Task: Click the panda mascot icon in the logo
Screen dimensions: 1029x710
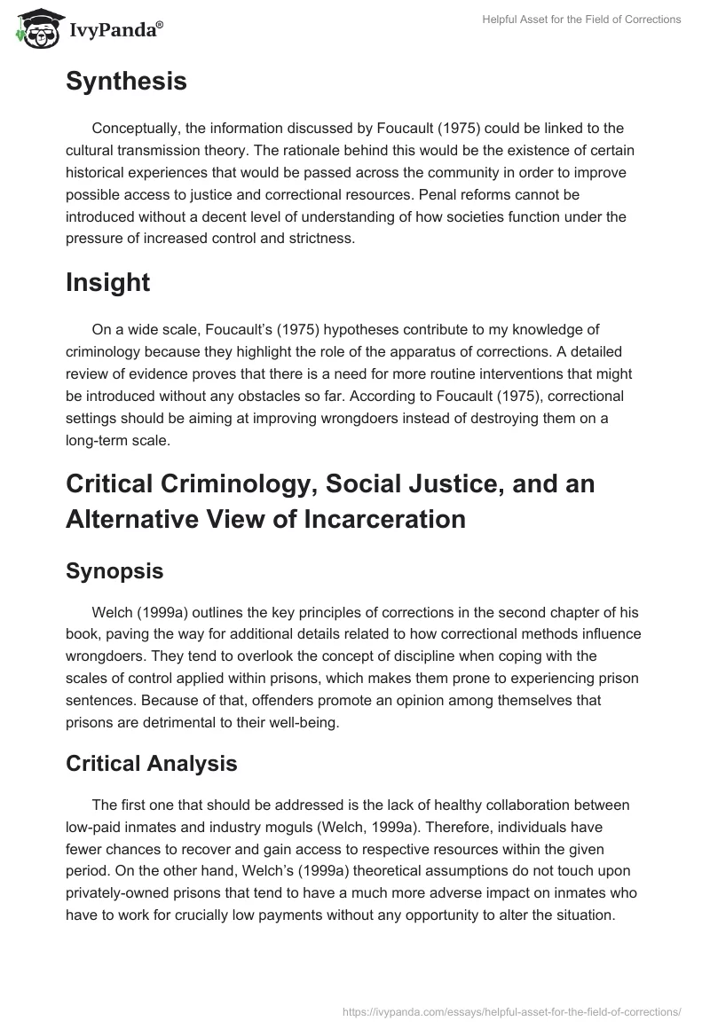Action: coord(35,28)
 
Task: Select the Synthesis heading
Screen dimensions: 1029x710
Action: coord(126,82)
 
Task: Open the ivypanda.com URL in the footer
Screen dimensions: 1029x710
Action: coord(511,1010)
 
